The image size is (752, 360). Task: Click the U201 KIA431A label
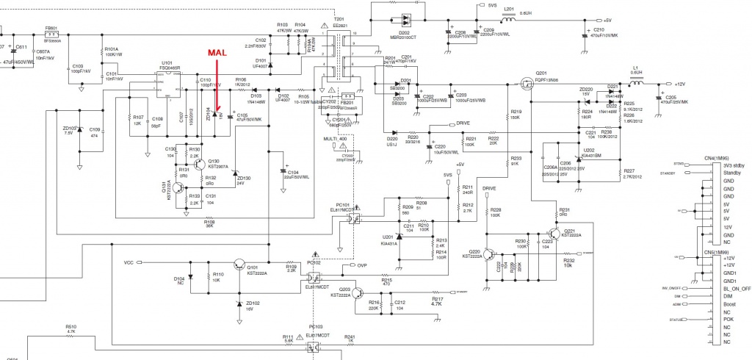390,237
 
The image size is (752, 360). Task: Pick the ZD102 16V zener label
252,306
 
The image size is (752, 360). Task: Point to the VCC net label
129,262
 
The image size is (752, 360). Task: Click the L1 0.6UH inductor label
637,71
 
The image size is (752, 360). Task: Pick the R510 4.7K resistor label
70,328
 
